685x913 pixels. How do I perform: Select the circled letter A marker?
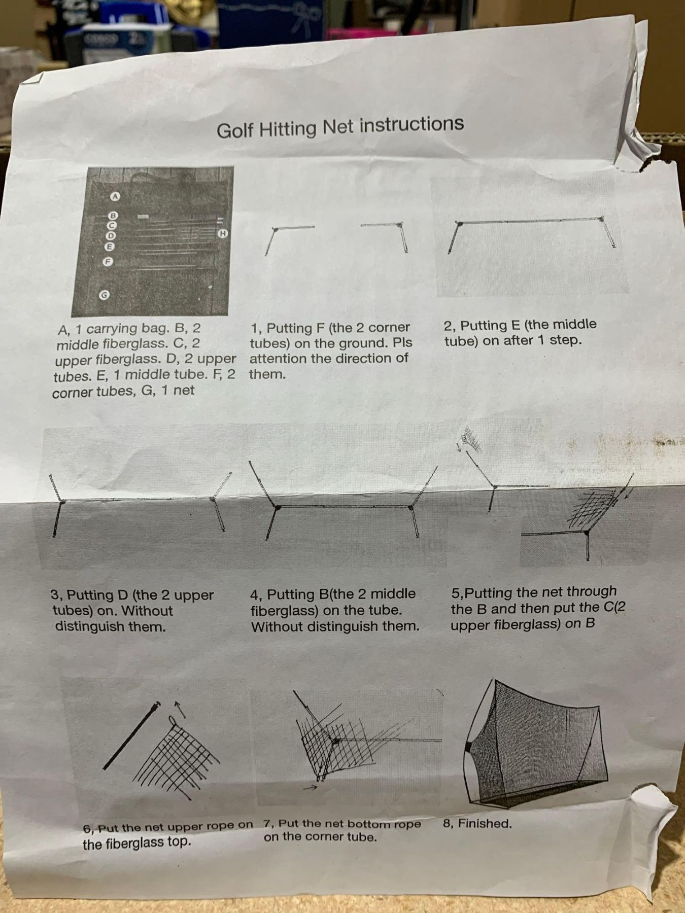tap(115, 196)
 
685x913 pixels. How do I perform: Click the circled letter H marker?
tap(222, 233)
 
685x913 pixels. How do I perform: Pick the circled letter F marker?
tap(107, 262)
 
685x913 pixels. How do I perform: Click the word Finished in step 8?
tap(485, 823)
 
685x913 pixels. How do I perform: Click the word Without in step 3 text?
tap(147, 611)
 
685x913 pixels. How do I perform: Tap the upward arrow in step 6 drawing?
tap(180, 710)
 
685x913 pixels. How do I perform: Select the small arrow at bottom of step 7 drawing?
tap(311, 788)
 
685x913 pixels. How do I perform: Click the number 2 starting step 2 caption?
tap(448, 326)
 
